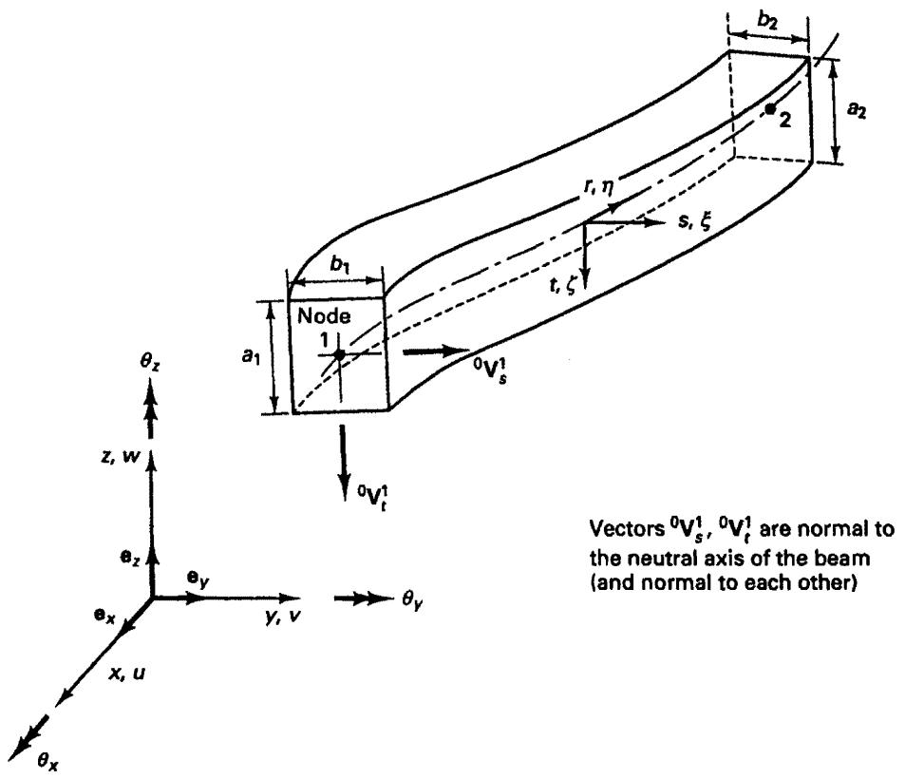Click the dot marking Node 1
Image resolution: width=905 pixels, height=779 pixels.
click(339, 354)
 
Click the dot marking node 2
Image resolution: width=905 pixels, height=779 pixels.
click(770, 108)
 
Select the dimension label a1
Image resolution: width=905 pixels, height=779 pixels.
click(252, 357)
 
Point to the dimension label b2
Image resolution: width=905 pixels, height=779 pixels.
click(767, 20)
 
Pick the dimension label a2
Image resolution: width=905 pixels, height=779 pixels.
click(858, 109)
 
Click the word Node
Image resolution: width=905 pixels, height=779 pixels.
click(324, 315)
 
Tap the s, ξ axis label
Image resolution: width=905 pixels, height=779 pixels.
click(693, 221)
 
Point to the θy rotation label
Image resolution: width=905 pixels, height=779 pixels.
click(412, 600)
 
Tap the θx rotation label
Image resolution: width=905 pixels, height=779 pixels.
click(47, 762)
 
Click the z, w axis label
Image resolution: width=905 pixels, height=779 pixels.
click(121, 457)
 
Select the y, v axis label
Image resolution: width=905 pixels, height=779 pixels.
click(282, 617)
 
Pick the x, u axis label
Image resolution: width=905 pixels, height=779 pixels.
click(127, 673)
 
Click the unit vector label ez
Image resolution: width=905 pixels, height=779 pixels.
click(129, 558)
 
